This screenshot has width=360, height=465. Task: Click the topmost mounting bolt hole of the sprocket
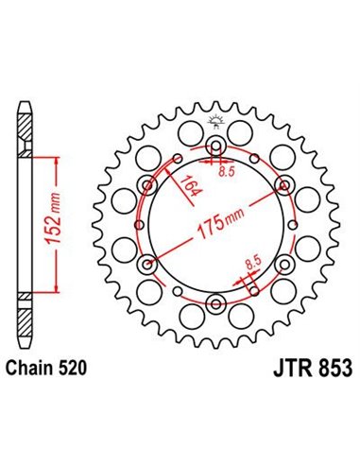point(215,145)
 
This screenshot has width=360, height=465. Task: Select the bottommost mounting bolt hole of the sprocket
point(215,303)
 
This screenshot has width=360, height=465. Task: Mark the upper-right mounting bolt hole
point(284,184)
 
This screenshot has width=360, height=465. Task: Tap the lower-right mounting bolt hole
point(284,264)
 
